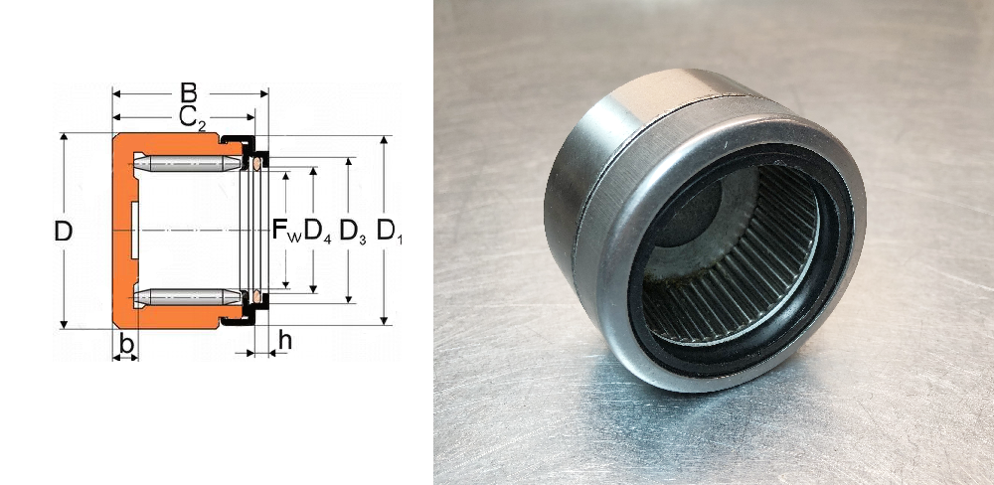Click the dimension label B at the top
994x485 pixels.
[x=188, y=93]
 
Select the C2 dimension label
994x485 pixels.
[x=192, y=118]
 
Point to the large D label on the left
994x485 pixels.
[x=63, y=232]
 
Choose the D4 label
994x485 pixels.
[x=318, y=232]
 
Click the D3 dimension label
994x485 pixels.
[x=353, y=232]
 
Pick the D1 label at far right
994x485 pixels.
[x=390, y=232]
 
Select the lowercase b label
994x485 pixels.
[x=127, y=344]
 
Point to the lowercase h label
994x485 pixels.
[x=285, y=341]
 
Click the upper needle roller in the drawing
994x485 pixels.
[x=188, y=164]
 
